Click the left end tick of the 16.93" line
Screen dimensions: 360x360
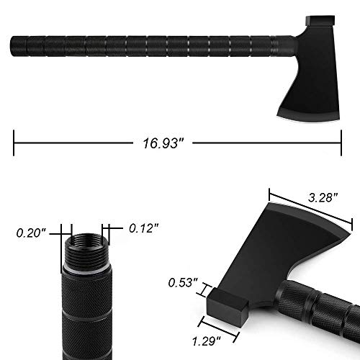14,141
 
